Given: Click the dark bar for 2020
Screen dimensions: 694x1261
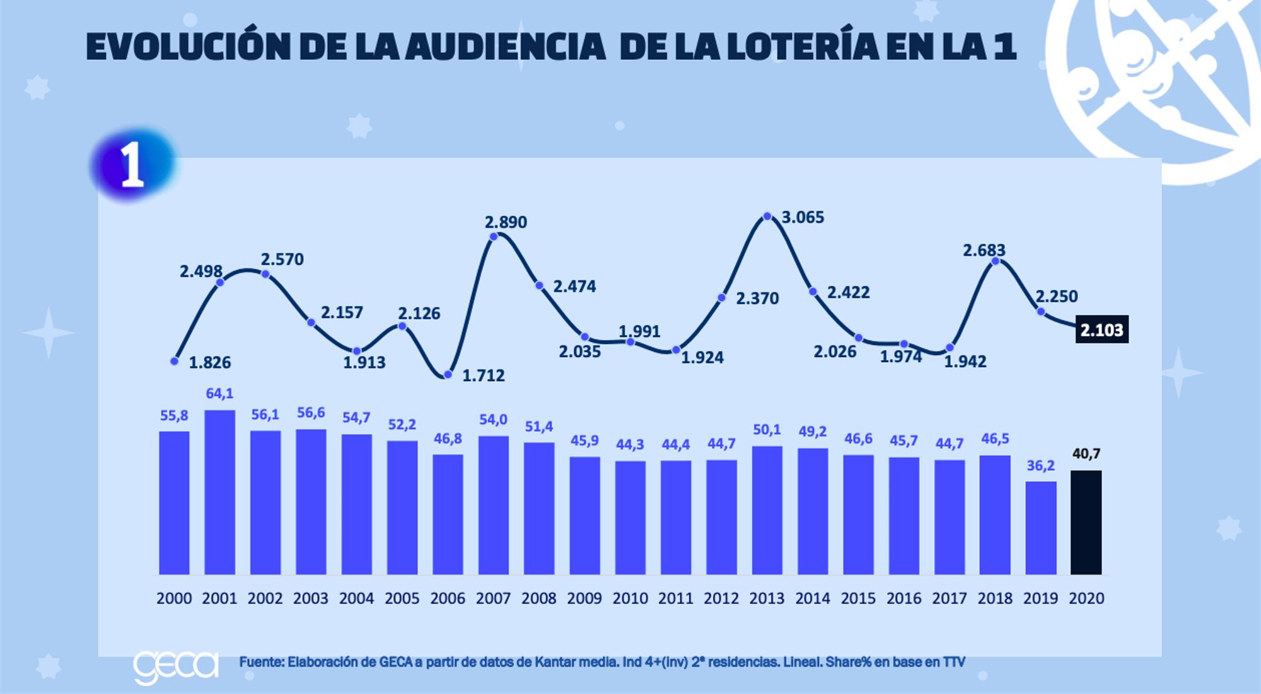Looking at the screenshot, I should pos(1086,522).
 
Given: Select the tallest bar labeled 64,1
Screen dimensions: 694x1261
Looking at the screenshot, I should pos(219,492).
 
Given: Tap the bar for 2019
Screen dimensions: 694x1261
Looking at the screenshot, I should pos(1040,528).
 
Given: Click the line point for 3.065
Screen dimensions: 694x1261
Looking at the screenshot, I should pos(767,216).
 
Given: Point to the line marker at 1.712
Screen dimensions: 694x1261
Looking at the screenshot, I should pos(448,375).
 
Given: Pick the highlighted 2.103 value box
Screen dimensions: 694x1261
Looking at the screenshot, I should pos(1101,330).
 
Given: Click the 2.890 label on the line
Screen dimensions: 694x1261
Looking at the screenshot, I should pos(506,222).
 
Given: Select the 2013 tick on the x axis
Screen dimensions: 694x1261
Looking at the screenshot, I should pos(767,598).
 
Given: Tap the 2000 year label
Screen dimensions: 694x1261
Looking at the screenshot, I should pos(174,598).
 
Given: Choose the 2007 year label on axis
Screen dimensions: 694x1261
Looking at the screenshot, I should pos(493,598).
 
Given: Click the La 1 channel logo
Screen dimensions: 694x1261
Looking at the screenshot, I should pos(132,165).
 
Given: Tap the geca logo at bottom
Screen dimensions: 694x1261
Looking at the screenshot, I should pos(176,666).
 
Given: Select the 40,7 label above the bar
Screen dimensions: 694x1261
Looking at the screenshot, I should pos(1086,454).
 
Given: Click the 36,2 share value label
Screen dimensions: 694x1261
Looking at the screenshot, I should pos(1040,466).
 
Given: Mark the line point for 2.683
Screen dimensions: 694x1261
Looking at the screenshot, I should pos(995,261).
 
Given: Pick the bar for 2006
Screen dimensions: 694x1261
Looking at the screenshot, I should pos(448,514).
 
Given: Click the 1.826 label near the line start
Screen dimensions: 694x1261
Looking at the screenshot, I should pos(210,363).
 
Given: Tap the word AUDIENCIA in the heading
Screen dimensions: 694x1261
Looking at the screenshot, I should pos(506,47).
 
